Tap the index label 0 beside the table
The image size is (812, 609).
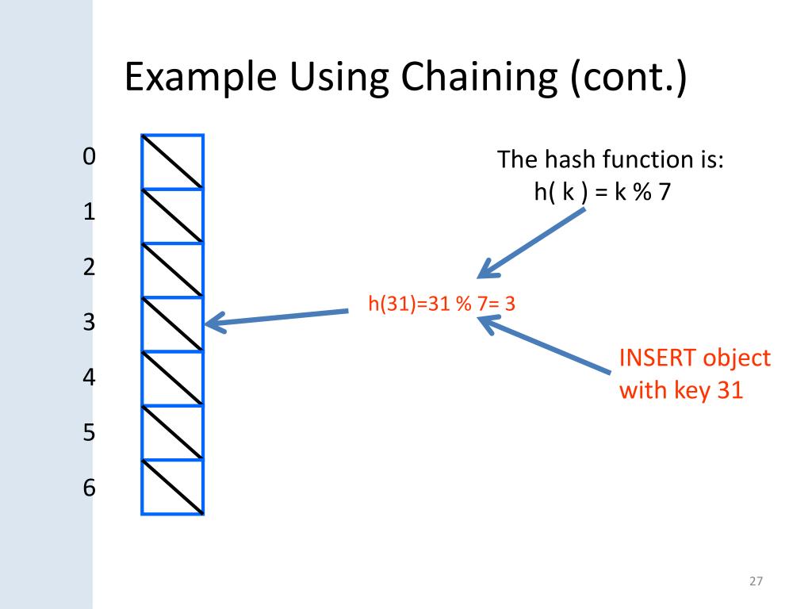(x=89, y=156)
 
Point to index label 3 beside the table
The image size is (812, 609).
(x=89, y=323)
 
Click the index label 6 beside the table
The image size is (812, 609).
(x=89, y=488)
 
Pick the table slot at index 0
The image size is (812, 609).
(x=173, y=162)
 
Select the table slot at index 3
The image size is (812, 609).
(x=173, y=324)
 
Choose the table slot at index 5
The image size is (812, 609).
(x=173, y=433)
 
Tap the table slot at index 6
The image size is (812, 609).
(x=173, y=487)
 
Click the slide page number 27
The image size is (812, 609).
(x=755, y=582)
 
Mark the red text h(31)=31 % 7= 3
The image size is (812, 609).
(x=442, y=303)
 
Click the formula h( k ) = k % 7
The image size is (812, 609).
(x=602, y=192)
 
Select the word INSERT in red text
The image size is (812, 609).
(x=657, y=358)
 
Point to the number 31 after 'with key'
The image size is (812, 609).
(x=729, y=390)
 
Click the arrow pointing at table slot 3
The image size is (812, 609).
(x=277, y=318)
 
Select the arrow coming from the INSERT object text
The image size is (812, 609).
(x=546, y=344)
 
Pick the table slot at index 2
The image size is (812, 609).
(x=173, y=270)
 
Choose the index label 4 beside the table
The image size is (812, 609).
(x=89, y=377)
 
